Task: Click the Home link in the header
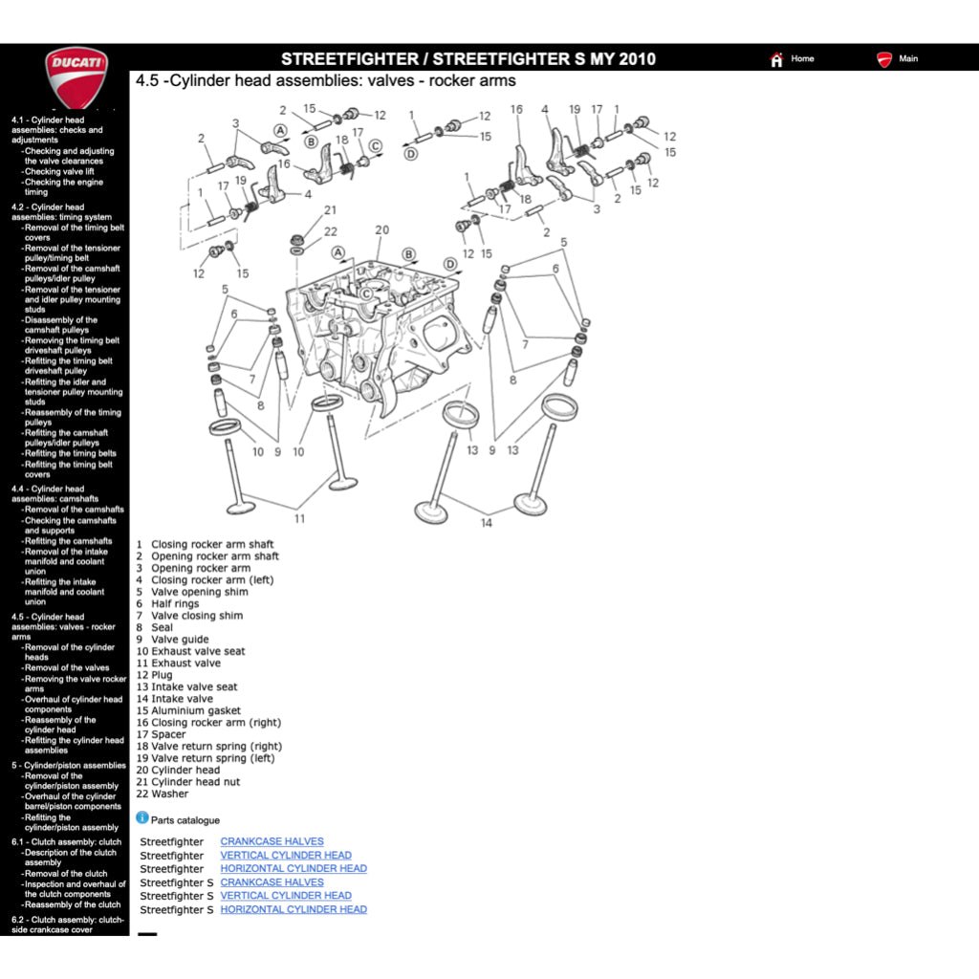tap(802, 58)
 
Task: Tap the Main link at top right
tap(908, 58)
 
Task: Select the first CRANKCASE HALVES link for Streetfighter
tap(272, 842)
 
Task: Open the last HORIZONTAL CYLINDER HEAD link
tap(294, 909)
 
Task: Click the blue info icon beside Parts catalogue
tap(142, 818)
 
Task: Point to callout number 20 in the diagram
tap(381, 229)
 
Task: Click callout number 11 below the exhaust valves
tap(299, 519)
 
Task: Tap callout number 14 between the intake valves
tap(487, 523)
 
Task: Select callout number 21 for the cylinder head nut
tap(330, 210)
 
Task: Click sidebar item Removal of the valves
tap(67, 668)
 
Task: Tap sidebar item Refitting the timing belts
tap(70, 454)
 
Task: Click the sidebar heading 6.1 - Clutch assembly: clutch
tap(66, 842)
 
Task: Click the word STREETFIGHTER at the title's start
tap(349, 59)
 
